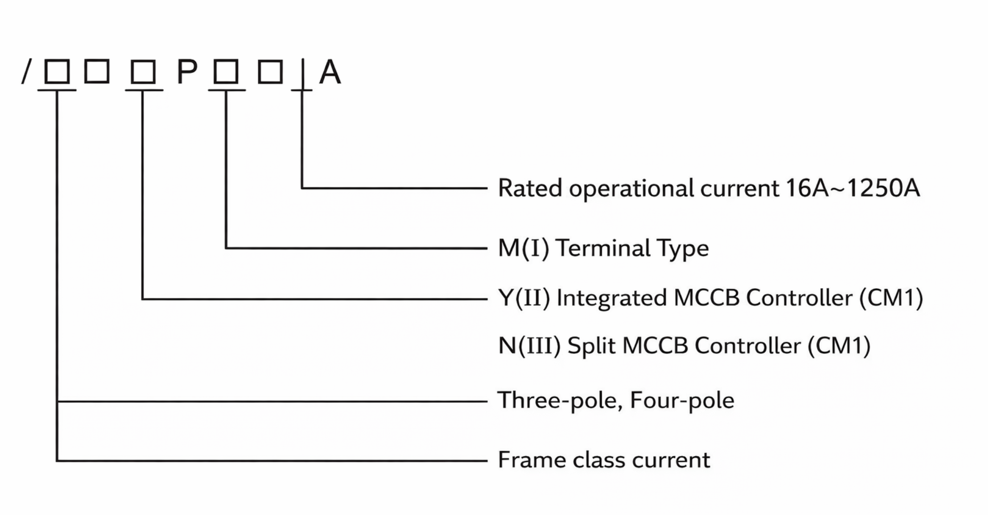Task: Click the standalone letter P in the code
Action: [187, 73]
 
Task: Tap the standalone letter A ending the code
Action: [330, 73]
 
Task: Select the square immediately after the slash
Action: [57, 72]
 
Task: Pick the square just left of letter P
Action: [143, 73]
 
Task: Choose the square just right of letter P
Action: [226, 73]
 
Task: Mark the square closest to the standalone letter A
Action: [270, 73]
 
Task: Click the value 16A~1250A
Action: [852, 188]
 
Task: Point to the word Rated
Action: [529, 188]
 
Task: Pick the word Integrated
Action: [611, 298]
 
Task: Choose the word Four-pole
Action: [682, 401]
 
